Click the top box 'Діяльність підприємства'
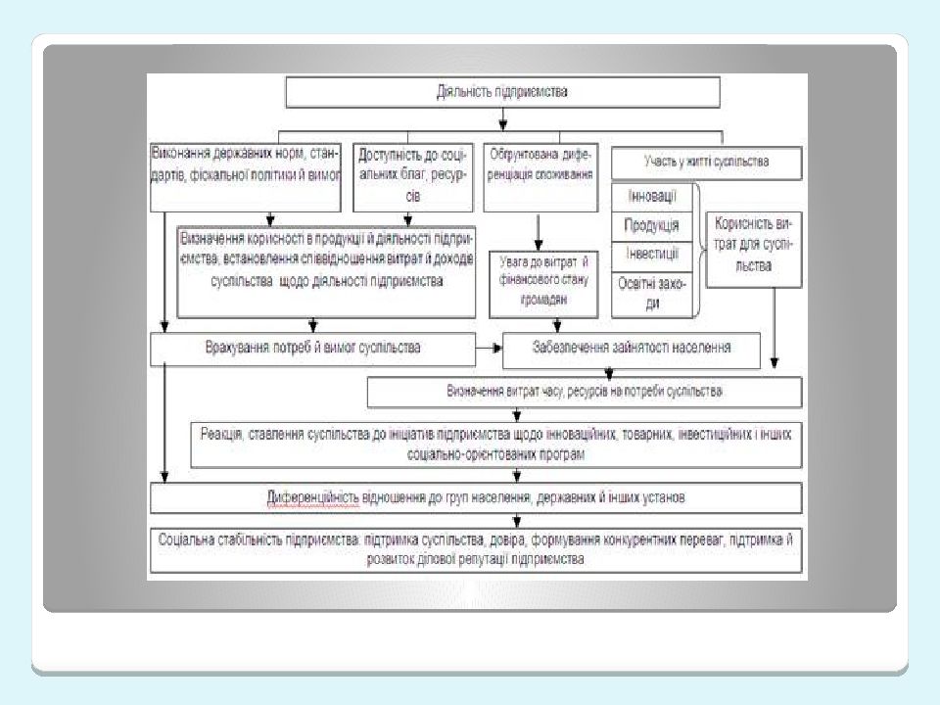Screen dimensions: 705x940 (x=502, y=92)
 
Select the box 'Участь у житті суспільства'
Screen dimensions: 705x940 (x=706, y=160)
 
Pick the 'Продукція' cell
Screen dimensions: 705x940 (x=652, y=225)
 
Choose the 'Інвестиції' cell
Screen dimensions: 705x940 (x=652, y=254)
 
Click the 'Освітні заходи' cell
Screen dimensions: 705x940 (x=652, y=292)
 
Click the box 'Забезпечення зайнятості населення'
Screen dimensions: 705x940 (x=632, y=347)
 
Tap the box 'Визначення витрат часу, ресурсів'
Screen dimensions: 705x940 (x=585, y=392)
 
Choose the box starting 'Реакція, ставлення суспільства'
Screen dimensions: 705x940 (x=497, y=445)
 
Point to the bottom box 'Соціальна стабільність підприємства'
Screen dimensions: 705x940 (x=476, y=550)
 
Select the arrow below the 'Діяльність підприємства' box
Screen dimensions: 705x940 (x=502, y=118)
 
